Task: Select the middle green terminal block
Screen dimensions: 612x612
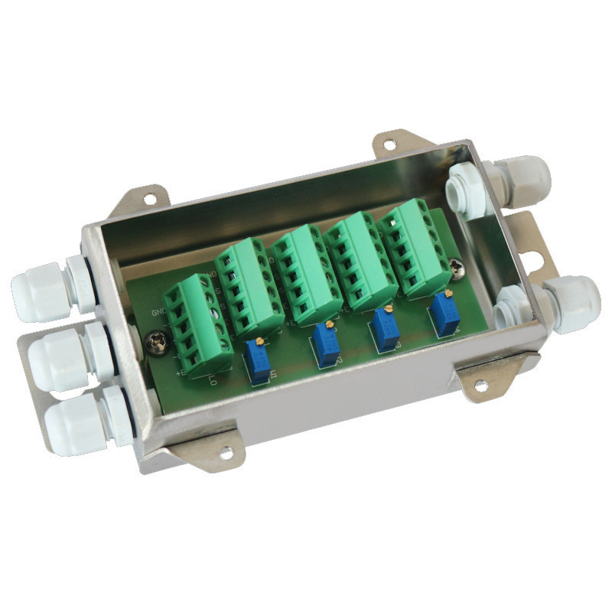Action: pyautogui.click(x=306, y=276)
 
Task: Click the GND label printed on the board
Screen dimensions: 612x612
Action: pyautogui.click(x=159, y=312)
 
